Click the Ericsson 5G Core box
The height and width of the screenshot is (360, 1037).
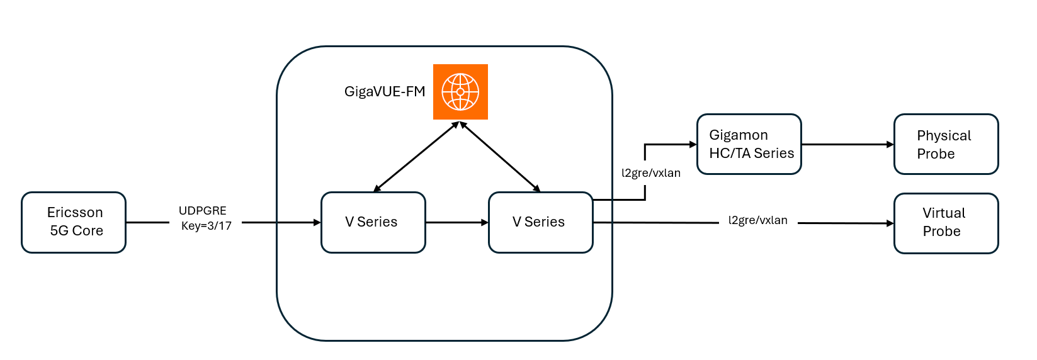(74, 222)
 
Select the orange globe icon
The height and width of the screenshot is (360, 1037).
(460, 92)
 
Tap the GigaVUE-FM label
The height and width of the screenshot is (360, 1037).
(385, 92)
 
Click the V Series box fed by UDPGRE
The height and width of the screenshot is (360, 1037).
(373, 222)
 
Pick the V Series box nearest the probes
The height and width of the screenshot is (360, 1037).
(540, 222)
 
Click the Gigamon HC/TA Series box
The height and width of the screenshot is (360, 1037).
(749, 144)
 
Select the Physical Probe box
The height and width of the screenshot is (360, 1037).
(946, 144)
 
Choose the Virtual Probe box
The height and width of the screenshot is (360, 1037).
(946, 223)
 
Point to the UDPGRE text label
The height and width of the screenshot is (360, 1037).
(203, 211)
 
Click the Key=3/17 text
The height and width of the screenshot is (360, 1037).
(207, 226)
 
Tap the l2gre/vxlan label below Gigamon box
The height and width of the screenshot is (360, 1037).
(651, 173)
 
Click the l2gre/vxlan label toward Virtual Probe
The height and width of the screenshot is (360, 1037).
(758, 220)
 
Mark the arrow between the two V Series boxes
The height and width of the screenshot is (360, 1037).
(456, 222)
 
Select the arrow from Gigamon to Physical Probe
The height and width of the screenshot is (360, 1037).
(847, 144)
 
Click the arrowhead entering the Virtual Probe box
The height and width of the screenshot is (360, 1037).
(890, 223)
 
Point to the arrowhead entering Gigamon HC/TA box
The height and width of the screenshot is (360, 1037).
(693, 144)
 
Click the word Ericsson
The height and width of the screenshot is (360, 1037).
(75, 213)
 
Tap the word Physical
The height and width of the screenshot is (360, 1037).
(944, 136)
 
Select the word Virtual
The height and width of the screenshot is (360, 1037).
(944, 213)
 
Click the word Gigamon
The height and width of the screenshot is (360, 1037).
(739, 135)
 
